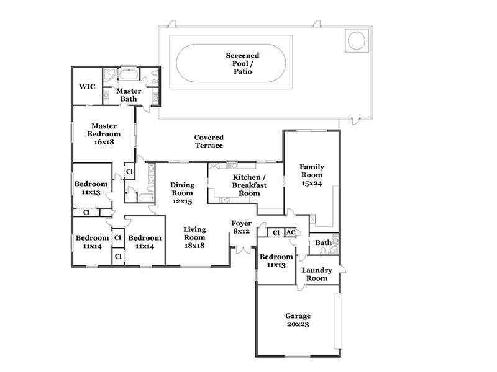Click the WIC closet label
coord(87,86)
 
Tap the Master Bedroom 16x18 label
coord(104,134)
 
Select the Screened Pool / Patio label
coord(242,63)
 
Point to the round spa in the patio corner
coord(357,40)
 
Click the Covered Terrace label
coord(209,141)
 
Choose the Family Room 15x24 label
coord(312,175)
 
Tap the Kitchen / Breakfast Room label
coord(249,185)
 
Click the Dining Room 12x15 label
coord(182,193)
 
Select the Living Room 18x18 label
coord(194,237)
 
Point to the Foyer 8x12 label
coord(242,227)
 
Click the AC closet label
coord(291,233)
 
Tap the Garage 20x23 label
coord(298,320)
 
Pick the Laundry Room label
coord(317,274)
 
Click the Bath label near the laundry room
coord(323,242)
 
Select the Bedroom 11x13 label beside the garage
coord(276,260)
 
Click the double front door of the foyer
coord(244,249)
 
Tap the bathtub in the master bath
coord(129,74)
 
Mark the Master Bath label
coord(129,95)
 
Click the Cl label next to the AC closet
coord(276,233)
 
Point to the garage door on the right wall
coord(339,321)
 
